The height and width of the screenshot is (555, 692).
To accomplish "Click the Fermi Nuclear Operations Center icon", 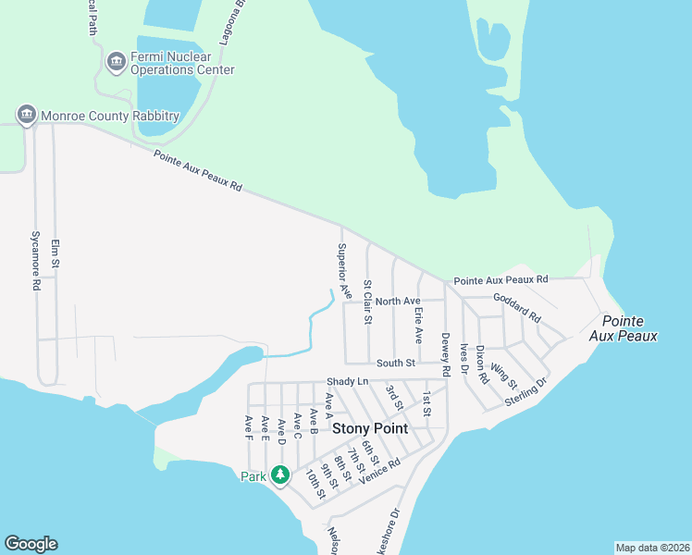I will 117,62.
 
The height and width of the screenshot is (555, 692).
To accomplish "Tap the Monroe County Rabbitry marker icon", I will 26,115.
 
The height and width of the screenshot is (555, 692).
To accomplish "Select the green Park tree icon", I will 280,475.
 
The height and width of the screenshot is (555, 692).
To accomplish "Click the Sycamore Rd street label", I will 36,261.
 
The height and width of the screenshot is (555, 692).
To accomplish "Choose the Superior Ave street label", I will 343,270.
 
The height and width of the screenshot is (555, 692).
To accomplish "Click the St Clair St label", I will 367,302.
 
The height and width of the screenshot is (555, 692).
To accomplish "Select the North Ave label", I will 398,301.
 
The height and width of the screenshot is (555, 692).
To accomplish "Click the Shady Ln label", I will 347,382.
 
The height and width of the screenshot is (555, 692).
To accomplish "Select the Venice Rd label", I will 380,470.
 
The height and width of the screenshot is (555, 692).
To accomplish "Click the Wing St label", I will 504,375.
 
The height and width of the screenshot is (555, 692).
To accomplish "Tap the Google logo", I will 31,544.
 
